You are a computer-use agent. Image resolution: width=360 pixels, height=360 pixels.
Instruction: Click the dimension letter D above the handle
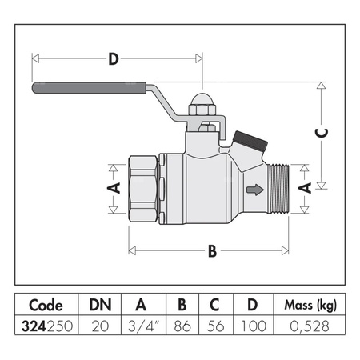click(114, 58)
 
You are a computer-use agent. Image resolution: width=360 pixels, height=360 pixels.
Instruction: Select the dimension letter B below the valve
click(212, 251)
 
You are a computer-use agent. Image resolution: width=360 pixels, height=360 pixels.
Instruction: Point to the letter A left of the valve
click(114, 188)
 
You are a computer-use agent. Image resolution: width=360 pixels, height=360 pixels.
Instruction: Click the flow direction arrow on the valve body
click(254, 190)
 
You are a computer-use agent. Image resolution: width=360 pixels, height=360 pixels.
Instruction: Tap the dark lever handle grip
click(88, 88)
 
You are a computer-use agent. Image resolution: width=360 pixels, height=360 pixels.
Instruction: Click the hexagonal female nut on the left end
click(144, 189)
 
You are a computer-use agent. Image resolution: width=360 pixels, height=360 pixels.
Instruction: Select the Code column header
click(46, 306)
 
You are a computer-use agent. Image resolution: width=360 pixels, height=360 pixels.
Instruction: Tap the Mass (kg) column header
click(306, 306)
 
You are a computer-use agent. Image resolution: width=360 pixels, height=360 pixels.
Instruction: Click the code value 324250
click(46, 326)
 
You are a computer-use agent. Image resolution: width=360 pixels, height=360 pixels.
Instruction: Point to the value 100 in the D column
click(252, 326)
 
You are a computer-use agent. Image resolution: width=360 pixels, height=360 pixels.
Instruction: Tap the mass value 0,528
click(306, 326)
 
